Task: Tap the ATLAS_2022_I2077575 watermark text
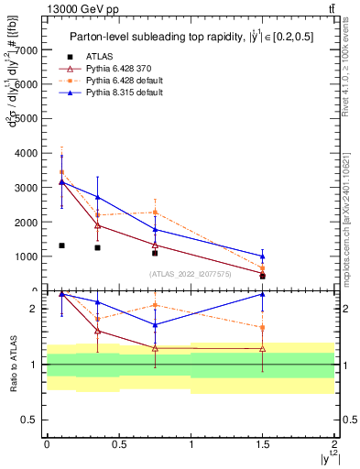191,273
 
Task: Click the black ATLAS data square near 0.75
155,253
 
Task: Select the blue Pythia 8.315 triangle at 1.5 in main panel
263,256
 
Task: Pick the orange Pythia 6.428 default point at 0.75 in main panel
155,213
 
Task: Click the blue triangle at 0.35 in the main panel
97,197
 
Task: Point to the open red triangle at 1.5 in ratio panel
263,348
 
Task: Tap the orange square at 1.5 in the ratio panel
263,327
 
